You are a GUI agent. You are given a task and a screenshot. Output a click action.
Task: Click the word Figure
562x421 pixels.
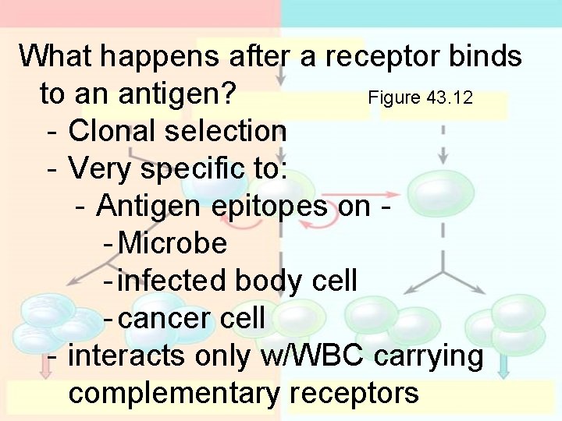click(x=395, y=99)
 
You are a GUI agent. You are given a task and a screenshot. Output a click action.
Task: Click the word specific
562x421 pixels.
click(x=198, y=168)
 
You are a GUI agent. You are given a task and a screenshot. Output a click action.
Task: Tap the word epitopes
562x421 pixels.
click(x=272, y=206)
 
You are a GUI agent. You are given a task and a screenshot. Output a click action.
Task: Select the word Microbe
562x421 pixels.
click(x=173, y=244)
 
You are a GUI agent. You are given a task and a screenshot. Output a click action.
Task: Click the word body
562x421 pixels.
click(x=269, y=281)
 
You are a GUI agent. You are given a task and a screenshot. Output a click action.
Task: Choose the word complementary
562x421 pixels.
click(x=173, y=393)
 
